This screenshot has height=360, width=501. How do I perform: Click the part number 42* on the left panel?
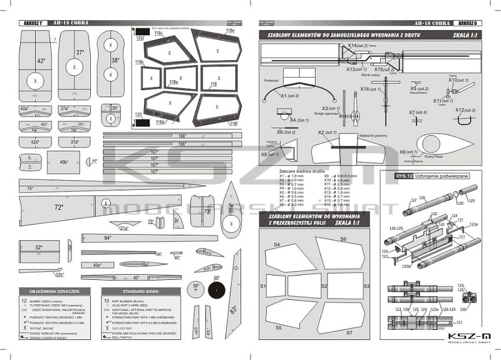[41, 61]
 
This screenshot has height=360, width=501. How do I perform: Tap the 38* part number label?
[115, 60]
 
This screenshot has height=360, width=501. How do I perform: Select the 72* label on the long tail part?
[58, 207]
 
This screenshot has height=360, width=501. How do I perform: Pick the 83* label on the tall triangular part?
[233, 309]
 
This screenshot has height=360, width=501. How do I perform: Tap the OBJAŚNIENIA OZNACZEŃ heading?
[49, 292]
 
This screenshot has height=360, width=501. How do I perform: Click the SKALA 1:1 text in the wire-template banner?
[465, 36]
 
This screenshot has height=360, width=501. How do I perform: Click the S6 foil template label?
[343, 239]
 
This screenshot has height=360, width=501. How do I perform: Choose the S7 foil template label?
[349, 332]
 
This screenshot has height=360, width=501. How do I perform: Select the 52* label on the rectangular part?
[39, 247]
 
